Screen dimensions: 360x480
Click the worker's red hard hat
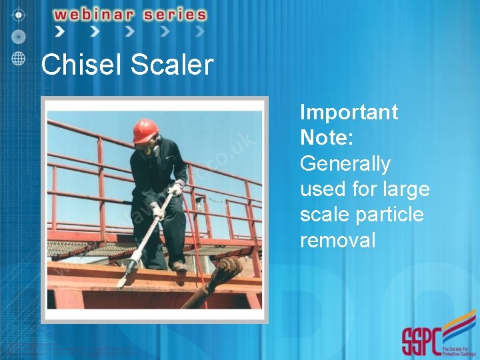pos(145,130)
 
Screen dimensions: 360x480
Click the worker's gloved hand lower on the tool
pos(157,212)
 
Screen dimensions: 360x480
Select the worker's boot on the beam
pos(179,267)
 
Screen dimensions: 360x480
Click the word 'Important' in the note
pos(349,112)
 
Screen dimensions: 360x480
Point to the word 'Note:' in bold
pos(326,137)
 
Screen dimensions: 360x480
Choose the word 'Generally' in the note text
pos(345,163)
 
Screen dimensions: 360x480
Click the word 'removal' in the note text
pos(337,240)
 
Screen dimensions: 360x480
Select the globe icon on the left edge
pos(19,57)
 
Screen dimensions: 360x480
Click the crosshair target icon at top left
pos(19,13)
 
